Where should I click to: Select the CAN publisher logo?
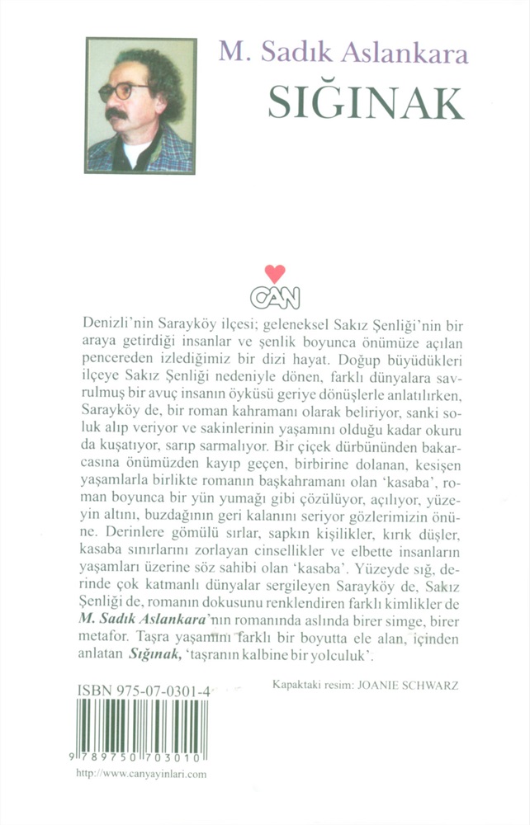point(277,293)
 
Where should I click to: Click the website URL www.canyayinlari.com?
point(140,774)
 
